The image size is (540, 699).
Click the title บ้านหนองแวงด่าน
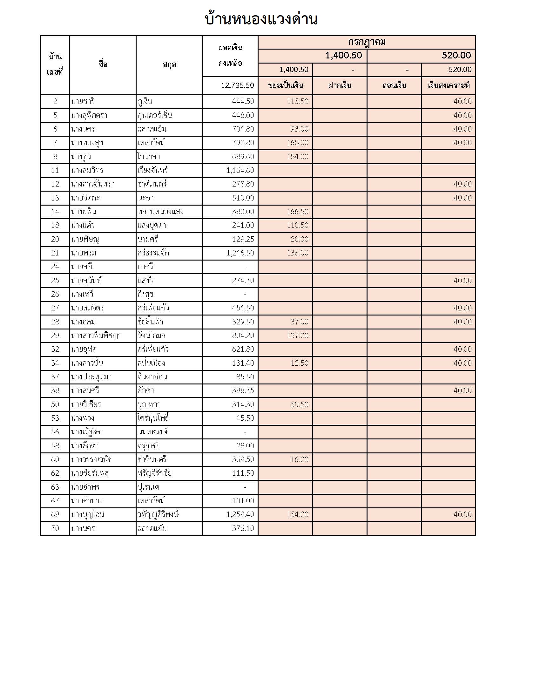coord(261,19)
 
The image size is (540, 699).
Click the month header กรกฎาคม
coord(367,42)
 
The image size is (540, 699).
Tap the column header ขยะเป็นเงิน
coord(285,85)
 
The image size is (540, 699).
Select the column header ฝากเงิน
coord(340,85)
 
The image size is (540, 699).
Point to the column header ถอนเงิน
coord(394,85)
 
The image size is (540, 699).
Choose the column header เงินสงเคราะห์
coord(449,85)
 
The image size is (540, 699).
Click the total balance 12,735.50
coord(237,85)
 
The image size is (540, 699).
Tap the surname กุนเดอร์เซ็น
coord(155,115)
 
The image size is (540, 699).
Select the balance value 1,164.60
coord(240,170)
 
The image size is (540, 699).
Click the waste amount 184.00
coord(298,157)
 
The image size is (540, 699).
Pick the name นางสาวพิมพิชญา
coord(96,336)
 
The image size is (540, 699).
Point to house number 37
coord(55,377)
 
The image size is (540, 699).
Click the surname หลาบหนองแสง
coord(160,212)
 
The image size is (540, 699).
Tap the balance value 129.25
coord(243,239)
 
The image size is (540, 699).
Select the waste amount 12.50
coord(300,363)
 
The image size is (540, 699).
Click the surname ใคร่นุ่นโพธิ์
coord(153,418)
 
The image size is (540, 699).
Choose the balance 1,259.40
coord(240,514)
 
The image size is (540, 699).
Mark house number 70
coord(55,528)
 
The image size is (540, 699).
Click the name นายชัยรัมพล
coord(90,473)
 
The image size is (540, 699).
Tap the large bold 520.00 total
coord(456,55)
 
